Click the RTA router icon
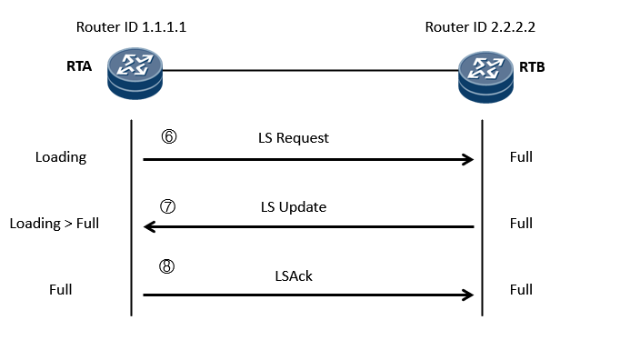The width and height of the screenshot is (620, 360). tap(135, 74)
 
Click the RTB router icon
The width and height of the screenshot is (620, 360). tap(485, 74)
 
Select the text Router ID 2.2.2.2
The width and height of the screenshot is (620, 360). tap(481, 27)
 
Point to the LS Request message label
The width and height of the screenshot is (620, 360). tap(293, 139)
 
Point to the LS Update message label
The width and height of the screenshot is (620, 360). tap(293, 207)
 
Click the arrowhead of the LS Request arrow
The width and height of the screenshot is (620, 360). tap(467, 160)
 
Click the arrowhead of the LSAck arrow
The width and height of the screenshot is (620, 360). tap(467, 295)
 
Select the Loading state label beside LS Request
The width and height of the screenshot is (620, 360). tap(61, 157)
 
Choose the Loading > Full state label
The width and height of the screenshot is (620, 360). tap(54, 224)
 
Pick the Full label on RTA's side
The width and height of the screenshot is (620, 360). tap(61, 290)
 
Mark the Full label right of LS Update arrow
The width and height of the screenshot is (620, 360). tap(521, 224)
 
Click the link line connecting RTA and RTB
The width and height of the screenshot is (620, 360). tap(309, 70)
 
